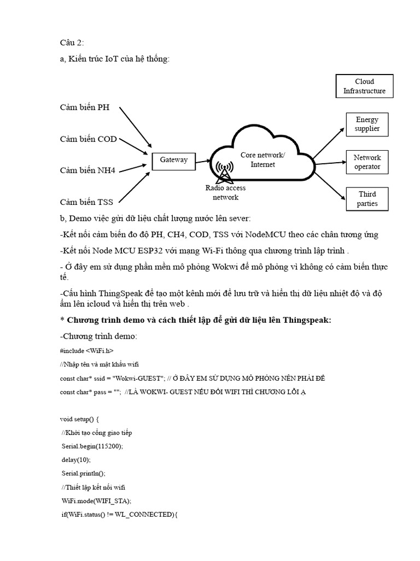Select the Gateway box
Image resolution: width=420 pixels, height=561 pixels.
[x=173, y=160]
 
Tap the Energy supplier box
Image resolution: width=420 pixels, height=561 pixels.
[x=367, y=124]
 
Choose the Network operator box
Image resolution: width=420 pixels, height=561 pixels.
[x=367, y=162]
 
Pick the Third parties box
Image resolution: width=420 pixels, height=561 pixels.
[x=367, y=199]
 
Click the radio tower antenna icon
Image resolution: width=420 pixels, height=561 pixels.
[x=223, y=171]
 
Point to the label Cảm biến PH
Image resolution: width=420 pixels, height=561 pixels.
[x=85, y=107]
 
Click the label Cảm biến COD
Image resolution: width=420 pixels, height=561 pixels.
[x=89, y=139]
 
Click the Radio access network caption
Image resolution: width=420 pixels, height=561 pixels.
[x=225, y=192]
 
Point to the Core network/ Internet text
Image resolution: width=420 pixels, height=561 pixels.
[x=262, y=159]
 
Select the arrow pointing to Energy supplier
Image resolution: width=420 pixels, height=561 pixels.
[x=329, y=140]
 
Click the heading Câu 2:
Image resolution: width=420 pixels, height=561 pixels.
[x=72, y=43]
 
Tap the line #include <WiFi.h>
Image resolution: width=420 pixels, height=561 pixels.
[x=87, y=350]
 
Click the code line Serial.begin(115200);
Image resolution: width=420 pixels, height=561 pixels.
[x=92, y=446]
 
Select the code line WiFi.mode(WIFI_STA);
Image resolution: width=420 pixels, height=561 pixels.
[x=97, y=500]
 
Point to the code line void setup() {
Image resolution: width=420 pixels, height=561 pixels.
[x=79, y=419]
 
